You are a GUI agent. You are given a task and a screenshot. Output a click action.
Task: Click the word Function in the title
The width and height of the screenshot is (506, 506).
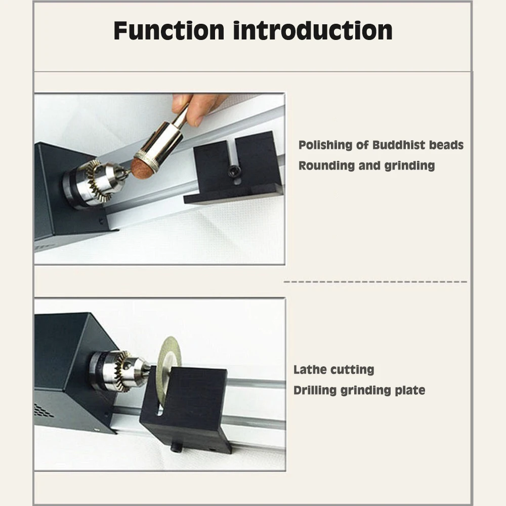[x=169, y=31]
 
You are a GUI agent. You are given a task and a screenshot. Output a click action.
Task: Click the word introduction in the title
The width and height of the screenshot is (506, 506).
[x=313, y=31]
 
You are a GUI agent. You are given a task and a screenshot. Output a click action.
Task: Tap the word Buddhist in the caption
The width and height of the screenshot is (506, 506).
[x=399, y=145]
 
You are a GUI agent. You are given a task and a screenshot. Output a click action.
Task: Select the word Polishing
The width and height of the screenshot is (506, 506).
[x=325, y=145]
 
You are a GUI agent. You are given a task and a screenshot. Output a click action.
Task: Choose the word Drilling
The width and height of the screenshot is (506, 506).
[x=315, y=390]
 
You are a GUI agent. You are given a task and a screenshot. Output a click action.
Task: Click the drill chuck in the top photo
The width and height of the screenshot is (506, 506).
[x=93, y=184]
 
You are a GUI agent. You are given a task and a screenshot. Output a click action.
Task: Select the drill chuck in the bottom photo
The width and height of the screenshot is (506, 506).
[x=119, y=370]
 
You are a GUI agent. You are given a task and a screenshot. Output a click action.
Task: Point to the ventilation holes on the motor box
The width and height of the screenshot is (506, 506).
[x=44, y=410]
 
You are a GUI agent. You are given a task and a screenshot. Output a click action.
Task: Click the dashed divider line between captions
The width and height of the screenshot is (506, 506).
[x=375, y=282]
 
